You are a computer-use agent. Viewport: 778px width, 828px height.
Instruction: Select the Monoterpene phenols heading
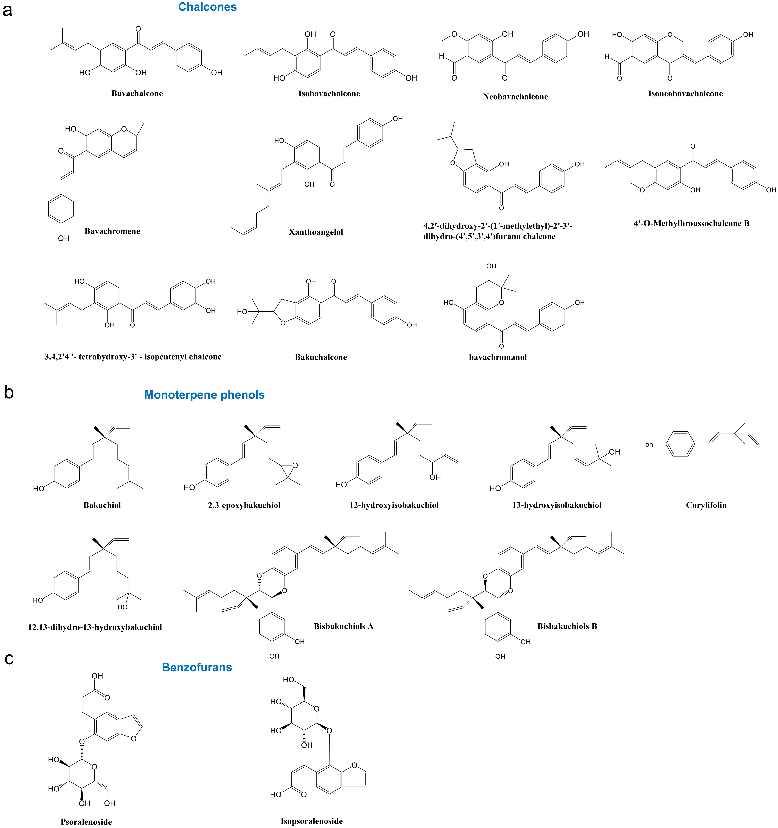tap(204, 395)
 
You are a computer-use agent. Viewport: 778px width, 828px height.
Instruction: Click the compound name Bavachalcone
tap(137, 93)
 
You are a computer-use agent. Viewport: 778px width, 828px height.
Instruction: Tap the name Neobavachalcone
tap(515, 97)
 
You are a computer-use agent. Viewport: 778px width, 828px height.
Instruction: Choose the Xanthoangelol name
tap(316, 232)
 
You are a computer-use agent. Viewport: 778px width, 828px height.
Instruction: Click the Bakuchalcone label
tap(321, 357)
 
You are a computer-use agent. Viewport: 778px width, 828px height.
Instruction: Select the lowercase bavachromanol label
tap(498, 357)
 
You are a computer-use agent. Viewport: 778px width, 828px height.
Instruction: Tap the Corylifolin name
tap(706, 505)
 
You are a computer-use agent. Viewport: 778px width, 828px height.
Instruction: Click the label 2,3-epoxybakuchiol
tap(244, 505)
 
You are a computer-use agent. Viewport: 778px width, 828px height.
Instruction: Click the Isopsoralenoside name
tap(312, 821)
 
